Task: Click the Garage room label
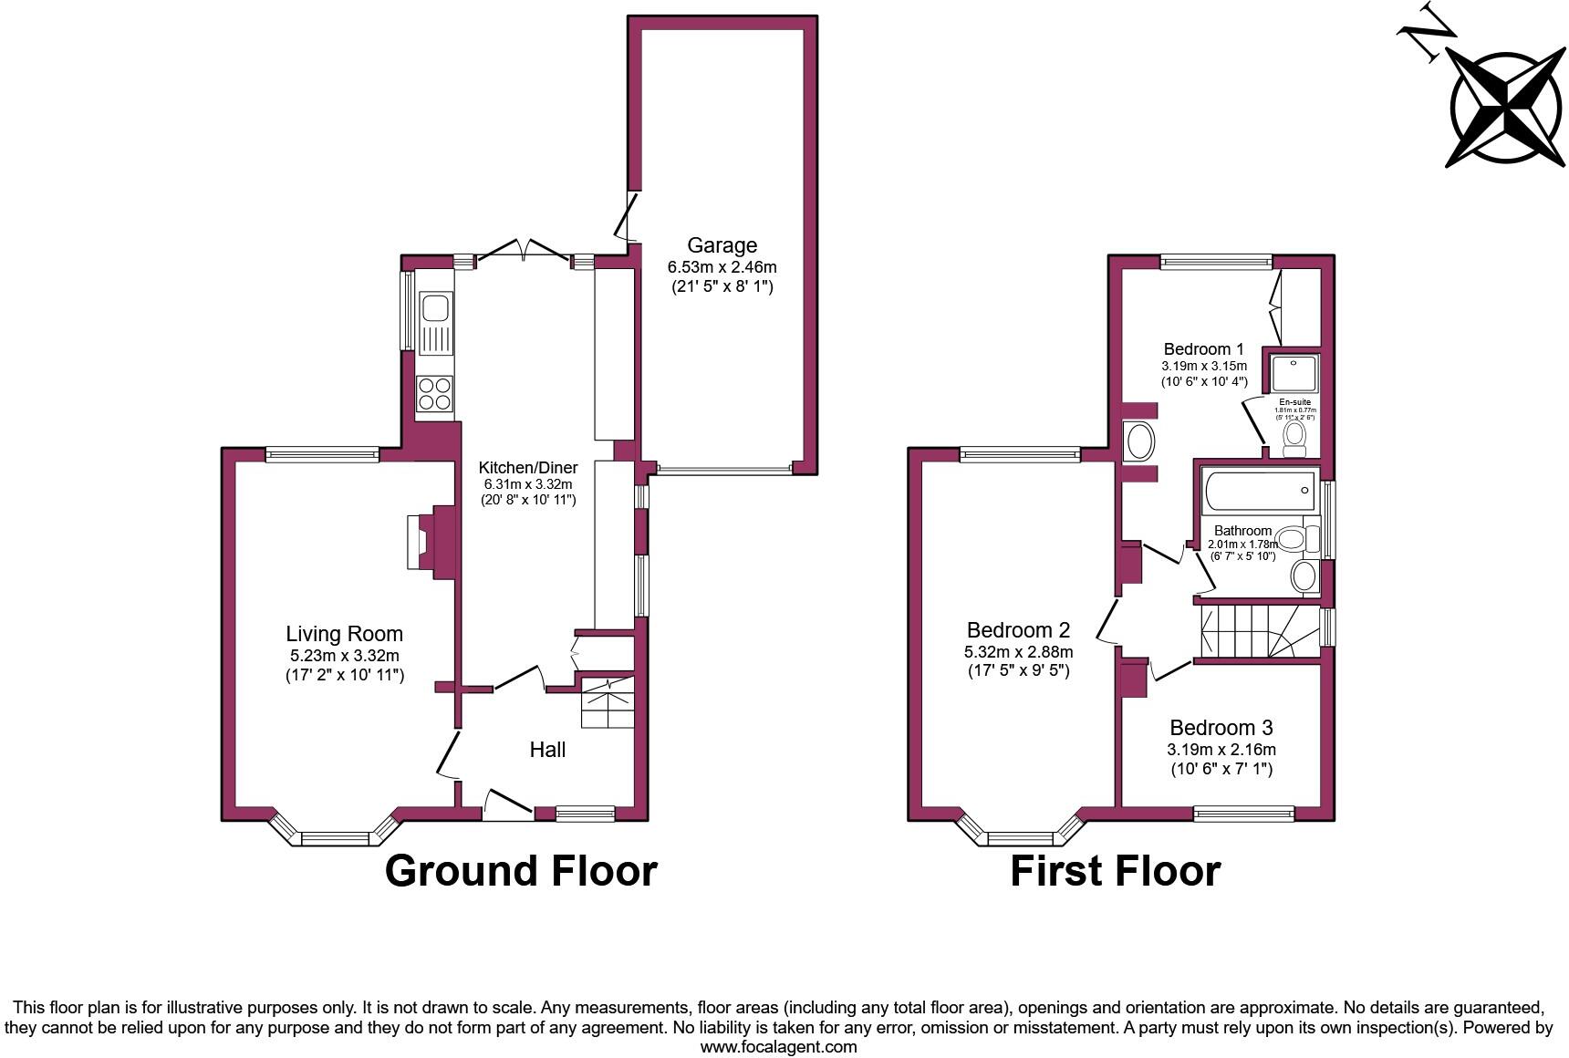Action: pyautogui.click(x=722, y=245)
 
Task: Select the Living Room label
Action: pyautogui.click(x=344, y=634)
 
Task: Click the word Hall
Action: pyautogui.click(x=547, y=750)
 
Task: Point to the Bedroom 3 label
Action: pyautogui.click(x=1221, y=728)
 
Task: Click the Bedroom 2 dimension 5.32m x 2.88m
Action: pyautogui.click(x=1018, y=652)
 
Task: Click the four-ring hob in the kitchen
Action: pyautogui.click(x=434, y=394)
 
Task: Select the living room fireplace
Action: pyautogui.click(x=422, y=542)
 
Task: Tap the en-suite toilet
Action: pyautogui.click(x=1294, y=437)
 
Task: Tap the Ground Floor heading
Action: pyautogui.click(x=521, y=870)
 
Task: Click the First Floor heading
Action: pyautogui.click(x=1115, y=870)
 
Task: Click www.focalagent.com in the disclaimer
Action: pyautogui.click(x=778, y=1046)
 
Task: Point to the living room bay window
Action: pyautogui.click(x=335, y=835)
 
